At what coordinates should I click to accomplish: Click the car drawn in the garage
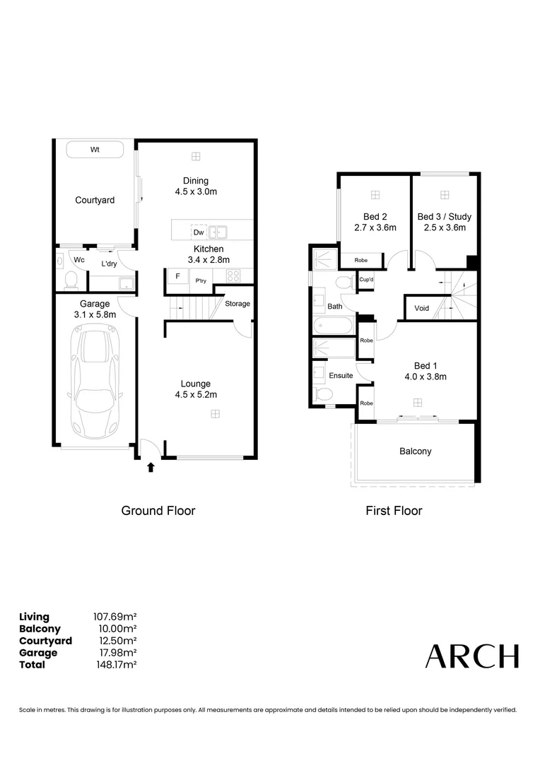click(x=96, y=382)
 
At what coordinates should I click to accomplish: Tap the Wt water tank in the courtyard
click(x=95, y=150)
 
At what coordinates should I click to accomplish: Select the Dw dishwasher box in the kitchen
click(x=199, y=232)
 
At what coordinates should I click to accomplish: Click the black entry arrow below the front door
click(x=150, y=467)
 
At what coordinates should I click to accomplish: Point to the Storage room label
click(x=237, y=304)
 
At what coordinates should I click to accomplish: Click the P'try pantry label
click(x=201, y=280)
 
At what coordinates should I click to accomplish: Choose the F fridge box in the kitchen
click(x=177, y=276)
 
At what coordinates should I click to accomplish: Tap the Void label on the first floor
click(x=421, y=308)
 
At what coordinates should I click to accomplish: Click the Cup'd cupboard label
click(x=366, y=280)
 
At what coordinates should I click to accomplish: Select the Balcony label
click(x=415, y=451)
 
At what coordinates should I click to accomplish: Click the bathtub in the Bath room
click(x=332, y=326)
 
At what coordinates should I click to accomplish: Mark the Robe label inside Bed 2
click(x=360, y=260)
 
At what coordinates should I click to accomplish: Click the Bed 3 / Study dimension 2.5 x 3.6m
click(x=444, y=227)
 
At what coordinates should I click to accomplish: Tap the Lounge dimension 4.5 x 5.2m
click(x=195, y=395)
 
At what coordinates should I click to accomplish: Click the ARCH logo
click(x=471, y=656)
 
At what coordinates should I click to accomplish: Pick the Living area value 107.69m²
click(x=115, y=617)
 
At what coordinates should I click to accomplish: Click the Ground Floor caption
click(x=158, y=511)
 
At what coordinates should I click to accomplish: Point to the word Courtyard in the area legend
click(x=45, y=641)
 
